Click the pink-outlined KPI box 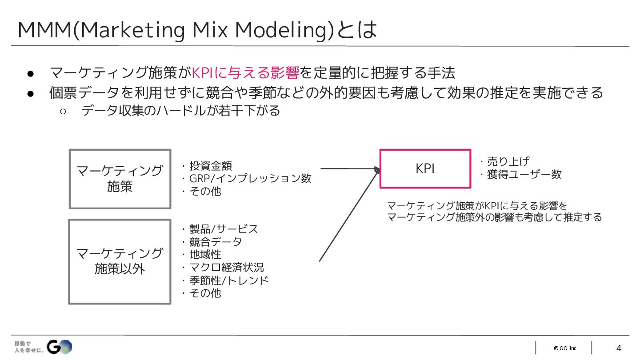click(x=425, y=168)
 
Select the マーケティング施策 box click(x=120, y=179)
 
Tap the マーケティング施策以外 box click(x=120, y=261)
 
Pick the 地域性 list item click(x=205, y=255)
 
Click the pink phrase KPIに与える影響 click(x=245, y=72)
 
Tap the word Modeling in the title click(x=284, y=30)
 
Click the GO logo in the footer click(x=60, y=347)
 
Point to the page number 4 click(x=619, y=348)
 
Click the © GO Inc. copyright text click(x=565, y=348)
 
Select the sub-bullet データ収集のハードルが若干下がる click(x=180, y=110)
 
